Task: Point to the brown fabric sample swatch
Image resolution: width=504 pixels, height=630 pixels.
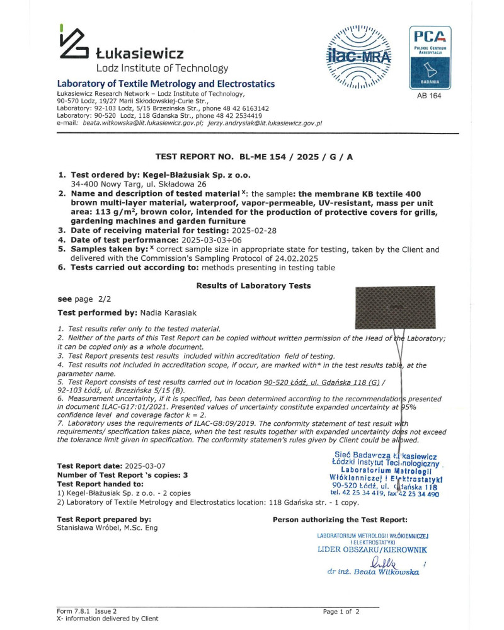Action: point(396,308)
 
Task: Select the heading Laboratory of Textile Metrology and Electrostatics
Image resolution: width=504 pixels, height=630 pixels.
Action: point(166,84)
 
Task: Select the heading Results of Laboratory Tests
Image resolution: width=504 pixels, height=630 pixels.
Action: point(253,285)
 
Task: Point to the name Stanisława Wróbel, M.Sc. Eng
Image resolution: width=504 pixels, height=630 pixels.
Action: point(107,527)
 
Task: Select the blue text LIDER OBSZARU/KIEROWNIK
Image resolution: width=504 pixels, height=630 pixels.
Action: point(372,549)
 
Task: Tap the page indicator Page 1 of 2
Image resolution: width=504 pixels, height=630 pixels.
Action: point(341,611)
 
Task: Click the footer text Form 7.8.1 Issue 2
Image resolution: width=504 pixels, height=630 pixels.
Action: point(87,611)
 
